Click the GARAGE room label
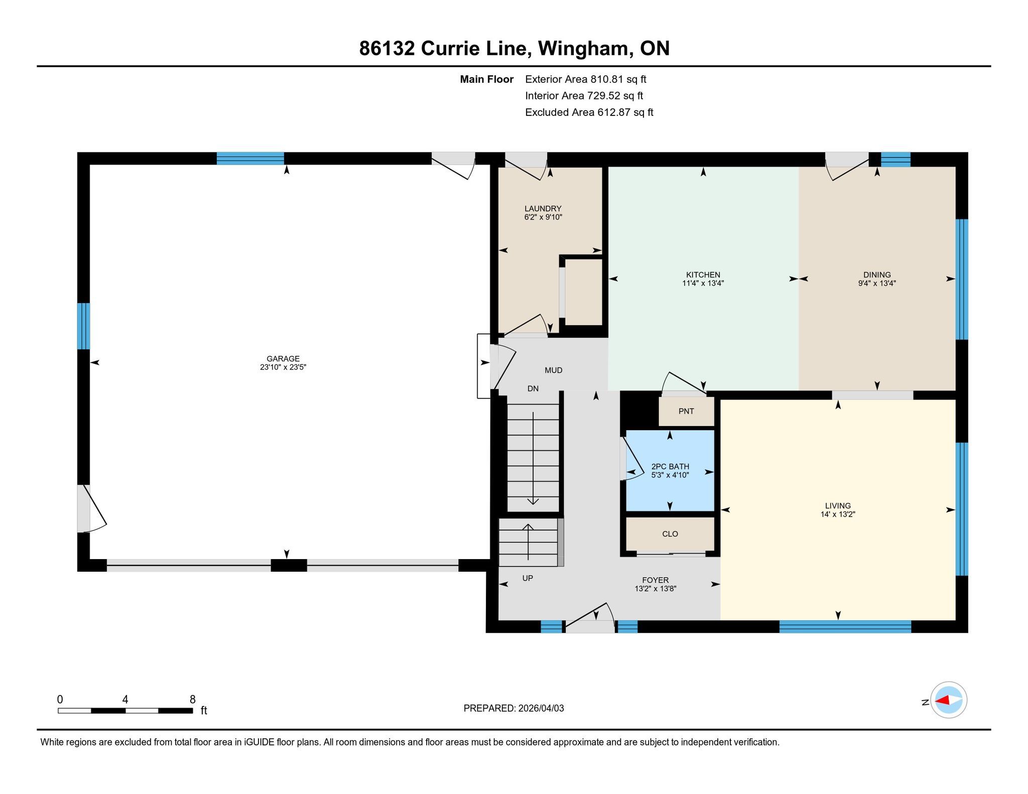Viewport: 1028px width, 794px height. [283, 359]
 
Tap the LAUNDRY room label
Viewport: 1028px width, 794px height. [543, 209]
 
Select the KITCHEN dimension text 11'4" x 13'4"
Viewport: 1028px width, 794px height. [703, 283]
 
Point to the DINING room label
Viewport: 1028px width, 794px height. [877, 275]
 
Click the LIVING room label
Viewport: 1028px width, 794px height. [838, 506]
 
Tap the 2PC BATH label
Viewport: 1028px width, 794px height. [670, 467]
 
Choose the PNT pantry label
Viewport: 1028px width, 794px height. [686, 412]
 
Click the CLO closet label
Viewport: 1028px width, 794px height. [670, 534]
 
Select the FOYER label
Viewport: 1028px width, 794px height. [655, 580]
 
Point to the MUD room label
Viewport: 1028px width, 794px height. [553, 370]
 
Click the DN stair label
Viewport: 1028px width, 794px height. [533, 388]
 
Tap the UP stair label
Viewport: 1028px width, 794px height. [527, 578]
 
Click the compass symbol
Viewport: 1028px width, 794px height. [949, 700]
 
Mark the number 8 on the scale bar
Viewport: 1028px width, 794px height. [193, 699]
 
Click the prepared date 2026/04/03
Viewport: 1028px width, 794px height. [541, 708]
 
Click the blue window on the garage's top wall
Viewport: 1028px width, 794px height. [250, 159]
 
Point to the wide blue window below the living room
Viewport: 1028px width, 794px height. [845, 626]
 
